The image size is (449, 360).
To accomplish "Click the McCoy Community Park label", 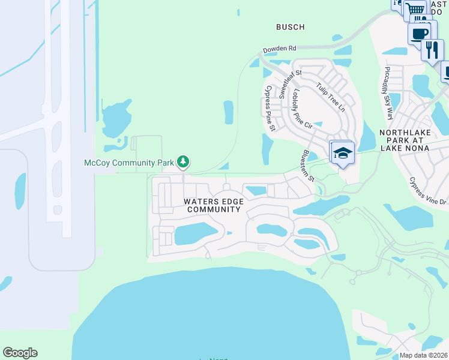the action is pos(128,163).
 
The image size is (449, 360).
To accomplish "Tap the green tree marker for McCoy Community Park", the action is pos(184,161).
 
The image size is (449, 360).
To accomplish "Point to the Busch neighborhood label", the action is pos(290,27).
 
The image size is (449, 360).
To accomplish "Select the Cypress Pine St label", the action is pos(270,108).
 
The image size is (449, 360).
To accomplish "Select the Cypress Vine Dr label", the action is pos(429,190).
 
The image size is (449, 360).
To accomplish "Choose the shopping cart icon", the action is pos(414,9).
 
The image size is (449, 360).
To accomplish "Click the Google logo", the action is pos(20,353).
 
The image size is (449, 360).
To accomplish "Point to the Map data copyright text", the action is pos(424,355).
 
